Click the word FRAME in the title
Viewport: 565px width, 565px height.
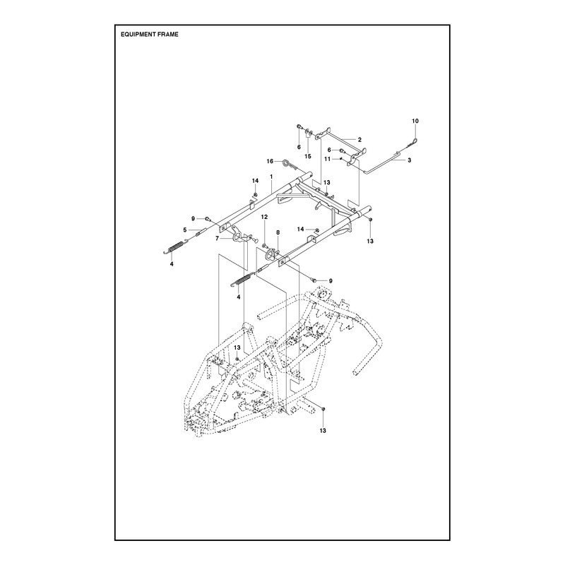coord(170,35)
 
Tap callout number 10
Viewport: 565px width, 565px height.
coord(415,121)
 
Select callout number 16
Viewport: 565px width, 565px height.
coord(270,162)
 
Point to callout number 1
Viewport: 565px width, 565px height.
coord(271,177)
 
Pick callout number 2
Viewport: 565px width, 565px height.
coord(359,139)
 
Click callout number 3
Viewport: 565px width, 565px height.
coord(410,160)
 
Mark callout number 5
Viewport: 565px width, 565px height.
coord(185,230)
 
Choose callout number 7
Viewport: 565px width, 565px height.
coord(217,238)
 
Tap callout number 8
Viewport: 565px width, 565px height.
coord(278,233)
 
